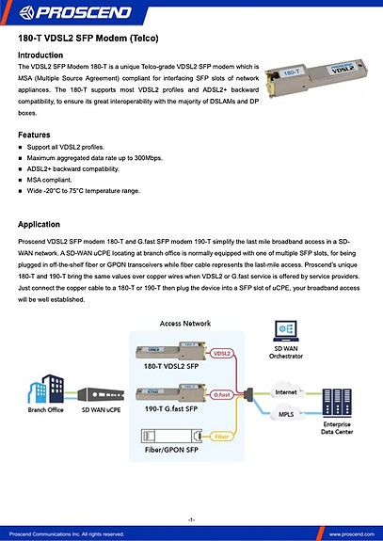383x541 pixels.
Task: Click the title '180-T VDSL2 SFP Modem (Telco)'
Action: point(89,40)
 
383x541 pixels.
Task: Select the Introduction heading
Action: point(41,56)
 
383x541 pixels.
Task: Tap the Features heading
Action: point(35,135)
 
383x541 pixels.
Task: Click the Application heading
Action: point(40,226)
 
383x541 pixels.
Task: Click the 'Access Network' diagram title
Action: point(184,323)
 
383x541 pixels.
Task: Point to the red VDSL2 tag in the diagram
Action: point(222,354)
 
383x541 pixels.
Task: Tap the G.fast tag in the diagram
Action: point(222,395)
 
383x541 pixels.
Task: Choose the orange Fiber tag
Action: point(222,436)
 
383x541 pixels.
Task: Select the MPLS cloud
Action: point(286,413)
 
